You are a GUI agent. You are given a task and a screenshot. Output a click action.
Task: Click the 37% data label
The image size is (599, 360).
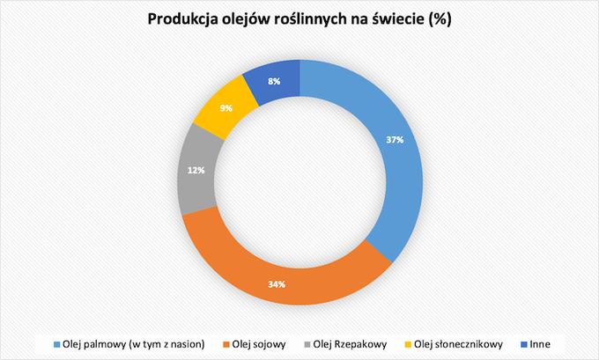pyautogui.click(x=395, y=140)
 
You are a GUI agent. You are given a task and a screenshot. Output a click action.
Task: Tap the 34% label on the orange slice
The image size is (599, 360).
pyautogui.click(x=277, y=284)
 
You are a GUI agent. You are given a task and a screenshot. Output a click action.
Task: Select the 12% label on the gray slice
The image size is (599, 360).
pyautogui.click(x=196, y=170)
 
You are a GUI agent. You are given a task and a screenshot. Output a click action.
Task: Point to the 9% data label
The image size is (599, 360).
pyautogui.click(x=226, y=108)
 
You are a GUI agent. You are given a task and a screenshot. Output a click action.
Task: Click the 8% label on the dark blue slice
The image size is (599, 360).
pyautogui.click(x=274, y=81)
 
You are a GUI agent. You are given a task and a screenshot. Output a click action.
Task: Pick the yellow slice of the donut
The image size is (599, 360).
pyautogui.click(x=224, y=109)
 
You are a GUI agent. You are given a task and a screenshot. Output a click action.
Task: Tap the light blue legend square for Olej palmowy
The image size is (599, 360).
pyautogui.click(x=57, y=345)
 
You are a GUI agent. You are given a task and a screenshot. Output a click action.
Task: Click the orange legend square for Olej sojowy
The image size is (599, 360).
pyautogui.click(x=226, y=345)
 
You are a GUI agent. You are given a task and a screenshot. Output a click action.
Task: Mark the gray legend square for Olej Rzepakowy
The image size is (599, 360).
pyautogui.click(x=307, y=345)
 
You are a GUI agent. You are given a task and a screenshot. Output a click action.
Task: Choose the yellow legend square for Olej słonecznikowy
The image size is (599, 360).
pyautogui.click(x=408, y=345)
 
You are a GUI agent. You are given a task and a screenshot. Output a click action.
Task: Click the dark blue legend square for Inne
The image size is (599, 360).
pyautogui.click(x=524, y=345)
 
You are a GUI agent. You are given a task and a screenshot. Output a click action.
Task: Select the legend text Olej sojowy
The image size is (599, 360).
pyautogui.click(x=259, y=345)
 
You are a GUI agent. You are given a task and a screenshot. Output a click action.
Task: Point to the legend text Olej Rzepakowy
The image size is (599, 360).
pyautogui.click(x=350, y=345)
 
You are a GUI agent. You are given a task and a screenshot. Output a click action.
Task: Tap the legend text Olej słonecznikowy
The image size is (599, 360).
pyautogui.click(x=458, y=345)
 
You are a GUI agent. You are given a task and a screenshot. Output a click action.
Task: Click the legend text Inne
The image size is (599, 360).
pyautogui.click(x=540, y=344)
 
